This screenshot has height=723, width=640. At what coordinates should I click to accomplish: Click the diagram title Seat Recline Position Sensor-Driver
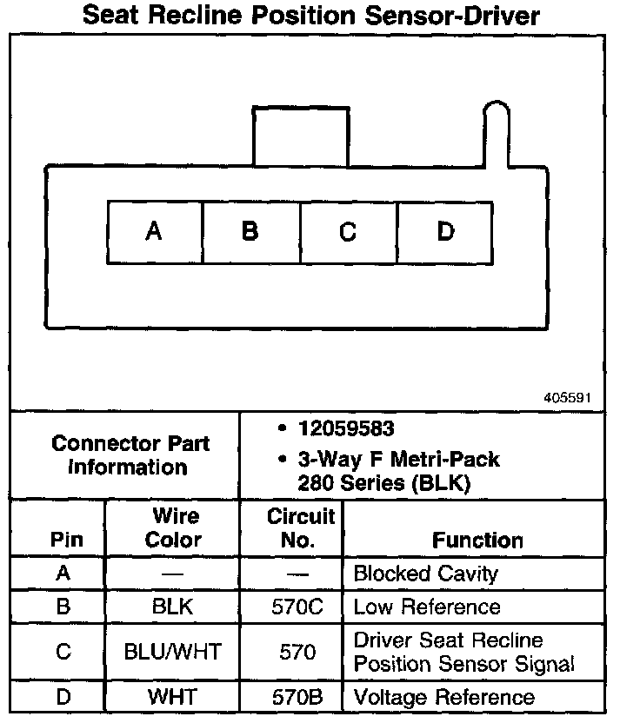pyautogui.click(x=310, y=16)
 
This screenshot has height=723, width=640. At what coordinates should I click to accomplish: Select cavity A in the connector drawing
pyautogui.click(x=154, y=232)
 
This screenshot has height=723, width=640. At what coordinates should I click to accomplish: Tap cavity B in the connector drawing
pyautogui.click(x=250, y=232)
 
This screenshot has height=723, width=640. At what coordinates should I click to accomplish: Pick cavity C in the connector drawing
pyautogui.click(x=348, y=232)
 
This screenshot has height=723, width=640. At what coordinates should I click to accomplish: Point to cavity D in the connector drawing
pyautogui.click(x=445, y=232)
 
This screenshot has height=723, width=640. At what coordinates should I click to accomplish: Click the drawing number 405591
pyautogui.click(x=567, y=397)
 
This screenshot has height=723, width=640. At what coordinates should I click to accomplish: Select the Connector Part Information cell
pyautogui.click(x=130, y=454)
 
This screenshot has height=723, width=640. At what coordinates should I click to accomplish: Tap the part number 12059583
pyautogui.click(x=346, y=429)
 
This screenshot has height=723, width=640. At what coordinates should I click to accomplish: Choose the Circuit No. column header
pyautogui.click(x=300, y=527)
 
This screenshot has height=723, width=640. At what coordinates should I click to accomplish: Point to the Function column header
pyautogui.click(x=477, y=541)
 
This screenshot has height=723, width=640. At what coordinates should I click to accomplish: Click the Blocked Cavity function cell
pyautogui.click(x=425, y=574)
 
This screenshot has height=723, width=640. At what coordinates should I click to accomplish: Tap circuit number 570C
pyautogui.click(x=298, y=607)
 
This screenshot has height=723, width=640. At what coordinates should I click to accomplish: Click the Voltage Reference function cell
pyautogui.click(x=443, y=697)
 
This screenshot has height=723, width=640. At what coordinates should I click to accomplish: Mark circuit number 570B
pyautogui.click(x=298, y=697)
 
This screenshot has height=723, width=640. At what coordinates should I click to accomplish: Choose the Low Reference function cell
pyautogui.click(x=427, y=607)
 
